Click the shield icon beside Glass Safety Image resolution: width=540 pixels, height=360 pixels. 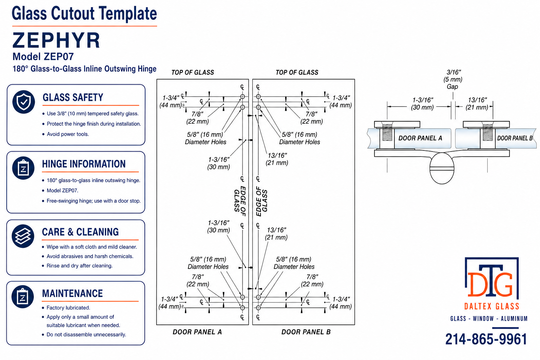coord(24,102)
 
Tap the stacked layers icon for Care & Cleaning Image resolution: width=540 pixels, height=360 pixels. coord(23,236)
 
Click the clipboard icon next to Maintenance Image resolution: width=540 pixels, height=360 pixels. coord(23,297)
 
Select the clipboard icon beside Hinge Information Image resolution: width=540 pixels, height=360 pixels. coord(24,168)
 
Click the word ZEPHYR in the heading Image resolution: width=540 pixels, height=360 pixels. coord(56,40)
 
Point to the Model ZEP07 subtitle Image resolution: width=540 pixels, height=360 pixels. coord(43,57)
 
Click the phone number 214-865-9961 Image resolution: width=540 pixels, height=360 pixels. coord(486,339)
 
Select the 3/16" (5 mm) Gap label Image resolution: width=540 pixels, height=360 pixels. coord(453,79)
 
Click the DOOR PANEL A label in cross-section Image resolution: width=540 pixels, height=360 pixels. coord(420,138)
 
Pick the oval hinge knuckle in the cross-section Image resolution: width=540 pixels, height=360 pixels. coord(442,168)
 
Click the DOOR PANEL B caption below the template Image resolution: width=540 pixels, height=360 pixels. coord(306,332)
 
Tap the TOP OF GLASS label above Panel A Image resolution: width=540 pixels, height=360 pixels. coord(193,72)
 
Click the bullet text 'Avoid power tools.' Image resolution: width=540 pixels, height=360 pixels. coord(68,134)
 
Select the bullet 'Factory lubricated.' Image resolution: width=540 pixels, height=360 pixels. coord(68,308)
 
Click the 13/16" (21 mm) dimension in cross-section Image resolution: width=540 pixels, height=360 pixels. coord(477,104)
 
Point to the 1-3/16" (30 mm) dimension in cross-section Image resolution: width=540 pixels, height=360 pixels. coord(422,104)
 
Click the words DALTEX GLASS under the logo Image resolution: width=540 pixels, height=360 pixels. coord(492,307)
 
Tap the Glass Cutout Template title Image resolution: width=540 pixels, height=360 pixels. coord(84,13)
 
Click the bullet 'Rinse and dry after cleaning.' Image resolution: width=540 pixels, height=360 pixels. coord(79,266)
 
